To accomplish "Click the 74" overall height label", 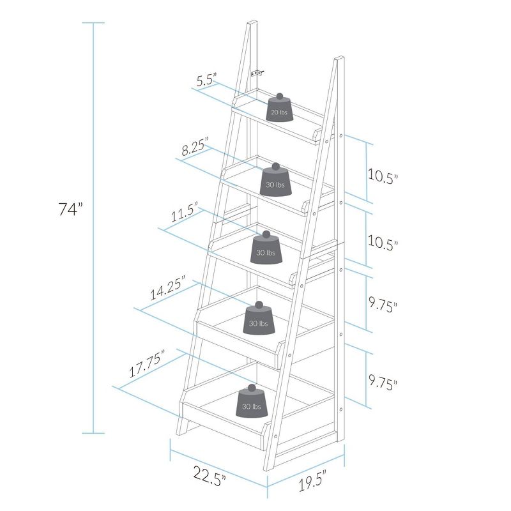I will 71,209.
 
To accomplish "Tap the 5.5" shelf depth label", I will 207,80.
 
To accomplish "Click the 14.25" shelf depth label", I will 167,289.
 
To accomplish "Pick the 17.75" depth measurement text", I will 145,364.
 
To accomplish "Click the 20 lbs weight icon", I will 279,110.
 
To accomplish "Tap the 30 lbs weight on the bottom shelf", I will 250,404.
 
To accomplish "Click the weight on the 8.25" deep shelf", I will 276,181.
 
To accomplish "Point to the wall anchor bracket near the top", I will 257,73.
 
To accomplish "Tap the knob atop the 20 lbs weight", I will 279,96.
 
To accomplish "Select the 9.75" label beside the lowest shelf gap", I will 383,383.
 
